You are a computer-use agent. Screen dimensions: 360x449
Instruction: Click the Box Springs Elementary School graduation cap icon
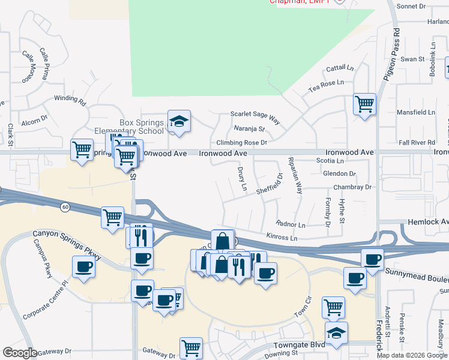pos(179,122)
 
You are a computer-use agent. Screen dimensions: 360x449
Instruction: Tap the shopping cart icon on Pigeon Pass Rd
pos(364,104)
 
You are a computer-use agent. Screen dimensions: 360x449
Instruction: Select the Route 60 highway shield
pos(64,207)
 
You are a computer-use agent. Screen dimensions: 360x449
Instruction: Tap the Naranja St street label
pos(249,128)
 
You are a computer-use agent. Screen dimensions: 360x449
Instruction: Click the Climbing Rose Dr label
pos(241,143)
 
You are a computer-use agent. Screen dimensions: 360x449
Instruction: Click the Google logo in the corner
pos(20,353)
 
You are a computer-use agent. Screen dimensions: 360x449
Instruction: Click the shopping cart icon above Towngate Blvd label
pos(333,307)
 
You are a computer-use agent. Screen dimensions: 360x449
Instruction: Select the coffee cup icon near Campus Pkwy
pos(83,267)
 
